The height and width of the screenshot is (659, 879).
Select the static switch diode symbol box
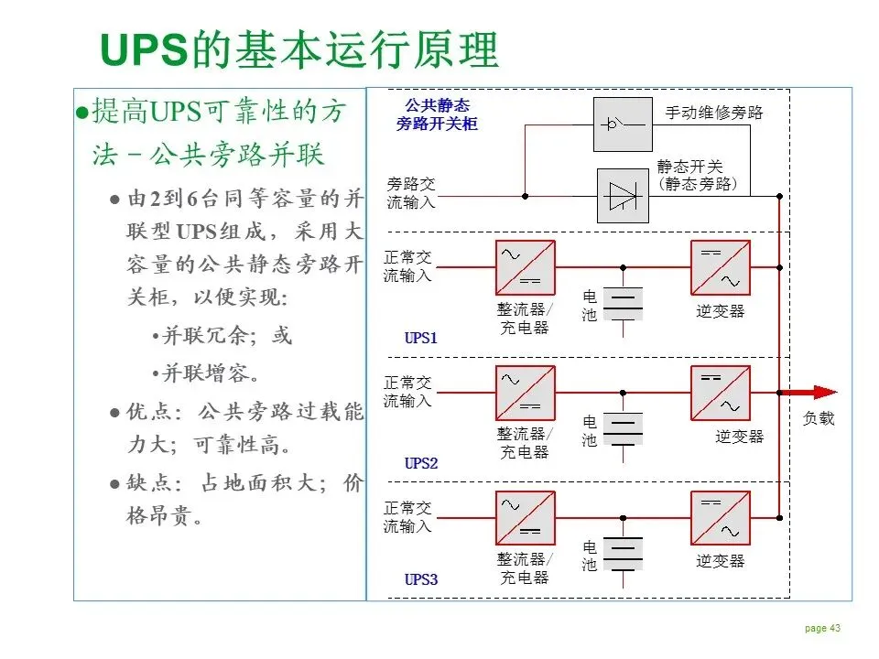tap(624, 195)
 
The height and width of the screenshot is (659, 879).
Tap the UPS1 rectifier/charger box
tap(525, 267)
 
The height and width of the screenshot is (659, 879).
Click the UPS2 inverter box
tap(720, 393)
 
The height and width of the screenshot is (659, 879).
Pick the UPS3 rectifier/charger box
tap(525, 519)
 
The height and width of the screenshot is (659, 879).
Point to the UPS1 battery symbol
tap(624, 304)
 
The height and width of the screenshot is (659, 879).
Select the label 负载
tap(819, 419)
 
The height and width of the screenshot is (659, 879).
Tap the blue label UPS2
tap(421, 464)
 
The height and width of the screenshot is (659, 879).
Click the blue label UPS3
tap(421, 579)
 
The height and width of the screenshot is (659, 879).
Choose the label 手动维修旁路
tap(713, 113)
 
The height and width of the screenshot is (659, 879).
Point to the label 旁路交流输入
tap(411, 193)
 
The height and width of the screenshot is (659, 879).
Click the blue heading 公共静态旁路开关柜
tap(437, 113)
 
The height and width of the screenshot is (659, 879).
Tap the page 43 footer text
tap(822, 628)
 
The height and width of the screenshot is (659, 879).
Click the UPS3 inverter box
tap(720, 519)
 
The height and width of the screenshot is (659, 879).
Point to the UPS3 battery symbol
tap(624, 554)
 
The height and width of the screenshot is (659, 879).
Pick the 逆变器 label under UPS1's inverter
tap(721, 311)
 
